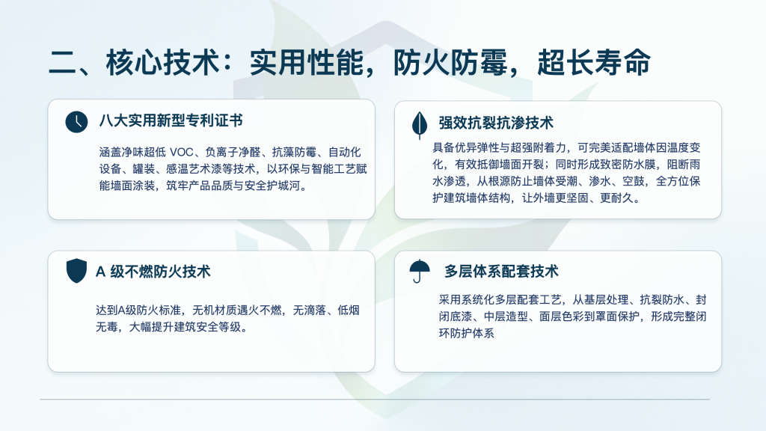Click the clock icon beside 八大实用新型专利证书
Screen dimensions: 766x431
[x=77, y=122]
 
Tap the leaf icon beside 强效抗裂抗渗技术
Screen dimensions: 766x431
[x=420, y=125]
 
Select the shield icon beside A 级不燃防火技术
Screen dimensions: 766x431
[x=76, y=271]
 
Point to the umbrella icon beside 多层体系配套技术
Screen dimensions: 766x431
[x=420, y=271]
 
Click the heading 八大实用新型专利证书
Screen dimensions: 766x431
[x=171, y=120]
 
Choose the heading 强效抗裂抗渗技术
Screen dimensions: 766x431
[x=496, y=123]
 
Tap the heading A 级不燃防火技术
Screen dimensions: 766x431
[x=153, y=271]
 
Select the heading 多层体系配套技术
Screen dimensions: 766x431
[x=501, y=271]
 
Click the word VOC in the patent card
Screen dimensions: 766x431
[x=181, y=153]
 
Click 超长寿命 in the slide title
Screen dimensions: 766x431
[x=594, y=63]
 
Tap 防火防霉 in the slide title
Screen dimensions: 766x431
[x=450, y=63]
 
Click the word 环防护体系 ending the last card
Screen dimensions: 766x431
[x=467, y=333]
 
